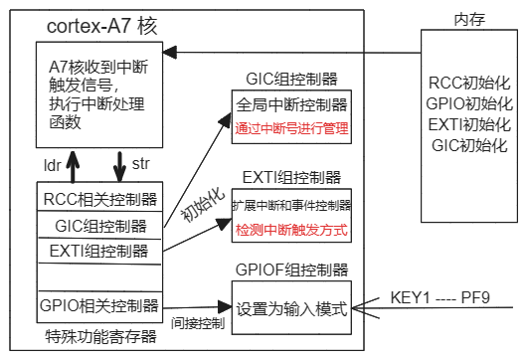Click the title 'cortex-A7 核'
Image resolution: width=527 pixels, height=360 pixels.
103,26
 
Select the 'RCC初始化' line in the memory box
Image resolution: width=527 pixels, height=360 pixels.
469,83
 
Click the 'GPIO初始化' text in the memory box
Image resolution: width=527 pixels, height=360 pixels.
469,103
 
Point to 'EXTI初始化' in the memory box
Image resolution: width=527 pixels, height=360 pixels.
469,124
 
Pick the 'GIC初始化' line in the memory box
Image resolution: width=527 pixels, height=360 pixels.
469,145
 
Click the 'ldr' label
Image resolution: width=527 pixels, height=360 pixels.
53,162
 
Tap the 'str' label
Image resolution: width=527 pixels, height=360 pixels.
142,161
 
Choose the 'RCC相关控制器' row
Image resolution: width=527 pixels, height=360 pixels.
98,198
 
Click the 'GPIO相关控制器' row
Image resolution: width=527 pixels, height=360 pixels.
98,304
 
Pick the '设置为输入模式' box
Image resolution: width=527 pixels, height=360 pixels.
291,307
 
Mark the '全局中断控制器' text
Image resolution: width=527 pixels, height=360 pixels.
291,104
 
